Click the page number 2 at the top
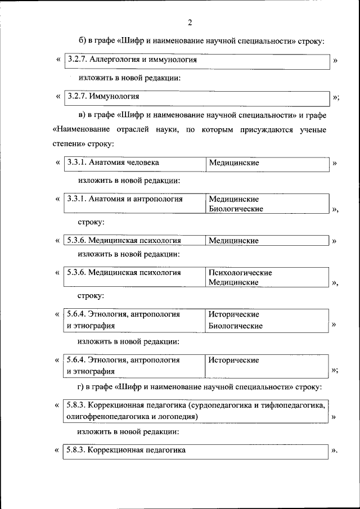pos(190,22)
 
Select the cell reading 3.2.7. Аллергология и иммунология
pos(132,59)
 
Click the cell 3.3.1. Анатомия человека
pos(112,163)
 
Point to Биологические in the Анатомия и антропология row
pos(236,209)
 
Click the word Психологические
pos(240,273)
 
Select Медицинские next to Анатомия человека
pos(233,163)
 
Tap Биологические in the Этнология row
pos(236,325)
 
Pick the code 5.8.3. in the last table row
pos(75,450)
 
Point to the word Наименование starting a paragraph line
pos(82,129)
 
